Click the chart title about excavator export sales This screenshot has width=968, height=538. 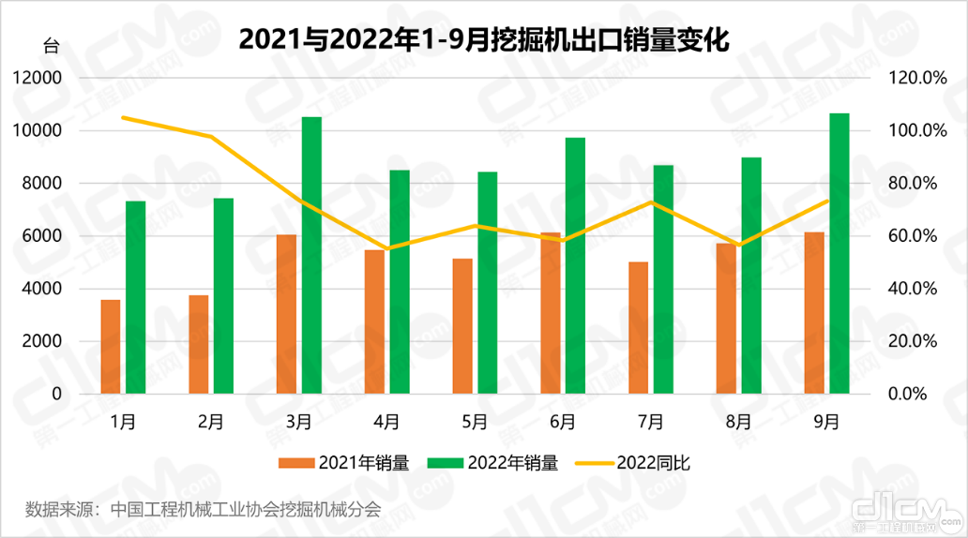pos(483,40)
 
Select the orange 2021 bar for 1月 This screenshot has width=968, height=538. pos(111,347)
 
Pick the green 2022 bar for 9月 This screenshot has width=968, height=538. pos(839,253)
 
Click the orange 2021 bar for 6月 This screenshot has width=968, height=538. pos(551,313)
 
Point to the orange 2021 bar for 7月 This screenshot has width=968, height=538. pos(639,328)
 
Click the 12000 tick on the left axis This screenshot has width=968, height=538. pos(39,78)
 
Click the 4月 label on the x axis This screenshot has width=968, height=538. pos(386,422)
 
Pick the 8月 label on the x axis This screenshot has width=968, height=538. pos(738,422)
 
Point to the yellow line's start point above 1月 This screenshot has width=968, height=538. pos(124,117)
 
